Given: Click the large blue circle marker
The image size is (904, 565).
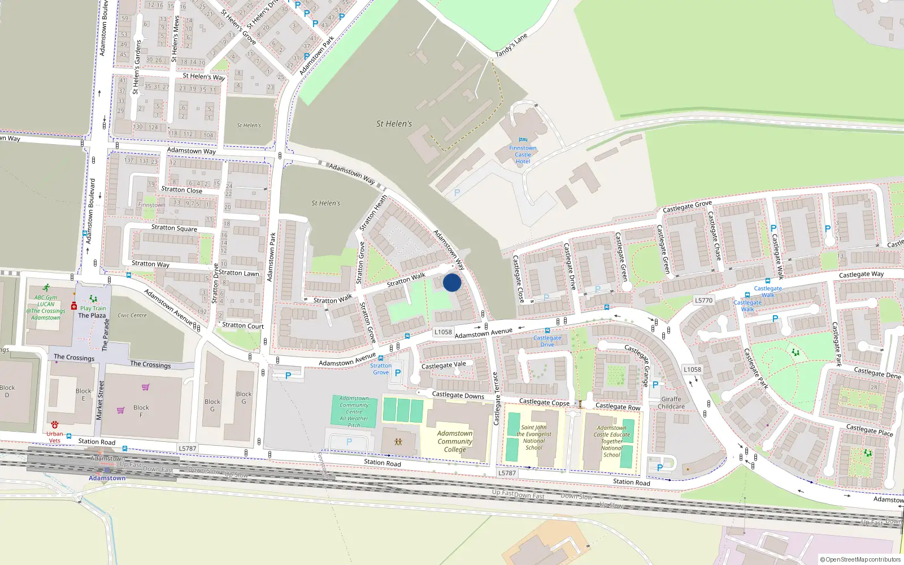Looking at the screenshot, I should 452,282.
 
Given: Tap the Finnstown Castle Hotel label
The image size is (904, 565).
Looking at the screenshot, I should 523,154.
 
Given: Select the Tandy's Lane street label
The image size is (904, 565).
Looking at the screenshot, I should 511,45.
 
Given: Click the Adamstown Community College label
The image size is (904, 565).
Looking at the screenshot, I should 455,441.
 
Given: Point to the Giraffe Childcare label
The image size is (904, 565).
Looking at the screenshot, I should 671,403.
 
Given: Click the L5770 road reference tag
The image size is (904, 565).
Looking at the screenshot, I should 703,301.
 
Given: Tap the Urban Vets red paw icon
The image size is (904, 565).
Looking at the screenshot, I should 55,424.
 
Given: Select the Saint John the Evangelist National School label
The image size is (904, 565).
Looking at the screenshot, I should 534,438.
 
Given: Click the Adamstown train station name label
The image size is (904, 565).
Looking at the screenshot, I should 107,478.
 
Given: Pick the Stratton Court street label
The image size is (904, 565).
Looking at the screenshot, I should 243,325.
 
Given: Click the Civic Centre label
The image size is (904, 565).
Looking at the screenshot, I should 132,315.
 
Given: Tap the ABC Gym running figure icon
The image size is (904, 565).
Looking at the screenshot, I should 46,288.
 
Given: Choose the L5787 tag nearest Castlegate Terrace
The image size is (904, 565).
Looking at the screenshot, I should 507,473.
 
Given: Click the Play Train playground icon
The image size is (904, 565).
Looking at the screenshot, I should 93,299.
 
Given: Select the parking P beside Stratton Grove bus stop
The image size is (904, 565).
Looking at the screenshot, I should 398,373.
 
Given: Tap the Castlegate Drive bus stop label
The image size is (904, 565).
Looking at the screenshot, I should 547,341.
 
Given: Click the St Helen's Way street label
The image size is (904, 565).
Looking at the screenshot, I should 203,77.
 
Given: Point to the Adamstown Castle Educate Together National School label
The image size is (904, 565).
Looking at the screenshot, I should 611,441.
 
